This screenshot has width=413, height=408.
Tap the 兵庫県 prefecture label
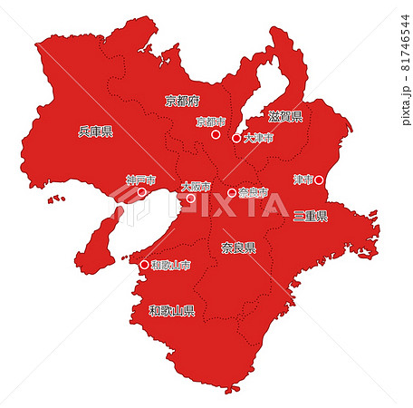95,131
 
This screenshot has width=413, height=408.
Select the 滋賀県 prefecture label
285,116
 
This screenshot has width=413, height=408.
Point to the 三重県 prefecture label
311,216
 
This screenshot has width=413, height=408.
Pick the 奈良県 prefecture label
238,247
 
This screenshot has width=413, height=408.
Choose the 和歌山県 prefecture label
172,310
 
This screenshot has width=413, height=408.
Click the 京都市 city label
210,121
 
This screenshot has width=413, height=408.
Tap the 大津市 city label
258,139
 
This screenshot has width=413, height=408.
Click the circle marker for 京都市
216,134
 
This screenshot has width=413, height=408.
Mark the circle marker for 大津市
236,139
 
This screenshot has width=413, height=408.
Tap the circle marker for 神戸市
141,192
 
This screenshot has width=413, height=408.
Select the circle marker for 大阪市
190,198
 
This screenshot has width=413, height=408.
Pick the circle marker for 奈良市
232,192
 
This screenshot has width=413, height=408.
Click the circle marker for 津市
319,180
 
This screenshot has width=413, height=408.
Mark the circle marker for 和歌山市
145,265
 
